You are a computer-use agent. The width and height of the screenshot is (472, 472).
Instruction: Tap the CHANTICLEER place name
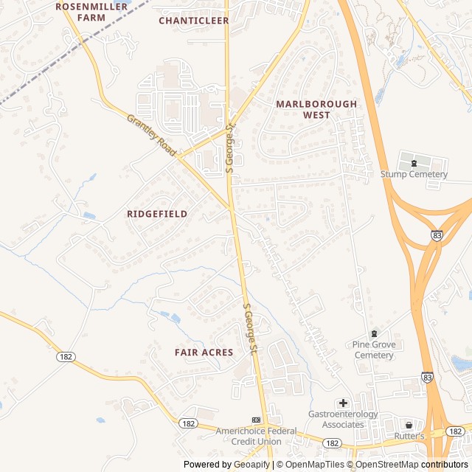click(194, 21)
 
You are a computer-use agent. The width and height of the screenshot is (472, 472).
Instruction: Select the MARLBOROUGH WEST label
click(316, 109)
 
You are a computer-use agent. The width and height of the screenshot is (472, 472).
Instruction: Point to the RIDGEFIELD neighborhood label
click(157, 214)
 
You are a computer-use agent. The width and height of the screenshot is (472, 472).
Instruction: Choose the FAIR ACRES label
click(204, 353)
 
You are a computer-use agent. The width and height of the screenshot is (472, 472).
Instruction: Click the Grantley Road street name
click(150, 134)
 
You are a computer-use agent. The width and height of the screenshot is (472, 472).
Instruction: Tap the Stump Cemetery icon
click(414, 163)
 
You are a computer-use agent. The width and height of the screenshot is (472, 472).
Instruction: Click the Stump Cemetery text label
click(414, 175)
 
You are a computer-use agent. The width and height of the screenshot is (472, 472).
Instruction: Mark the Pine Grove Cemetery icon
click(373, 334)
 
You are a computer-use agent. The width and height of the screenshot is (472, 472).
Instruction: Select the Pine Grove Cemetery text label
click(373, 350)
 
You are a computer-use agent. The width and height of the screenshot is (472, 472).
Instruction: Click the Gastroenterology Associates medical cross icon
click(343, 403)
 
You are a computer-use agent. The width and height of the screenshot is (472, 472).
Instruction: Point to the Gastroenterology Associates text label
click(343, 419)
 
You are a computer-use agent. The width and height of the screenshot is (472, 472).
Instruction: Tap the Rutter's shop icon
click(409, 425)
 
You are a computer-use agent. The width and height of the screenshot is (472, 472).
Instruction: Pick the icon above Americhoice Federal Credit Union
click(256, 419)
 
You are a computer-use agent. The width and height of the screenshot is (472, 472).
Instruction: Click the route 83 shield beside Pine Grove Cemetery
click(427, 377)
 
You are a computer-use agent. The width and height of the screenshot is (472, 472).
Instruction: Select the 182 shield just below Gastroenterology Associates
click(333, 442)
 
